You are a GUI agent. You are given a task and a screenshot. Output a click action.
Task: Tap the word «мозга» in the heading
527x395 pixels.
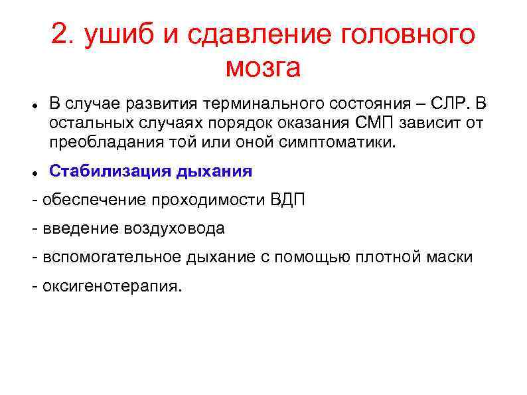263,67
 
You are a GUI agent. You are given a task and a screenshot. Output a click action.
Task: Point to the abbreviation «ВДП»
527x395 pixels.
288,200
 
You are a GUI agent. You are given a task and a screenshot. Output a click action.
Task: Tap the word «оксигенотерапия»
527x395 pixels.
110,286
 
